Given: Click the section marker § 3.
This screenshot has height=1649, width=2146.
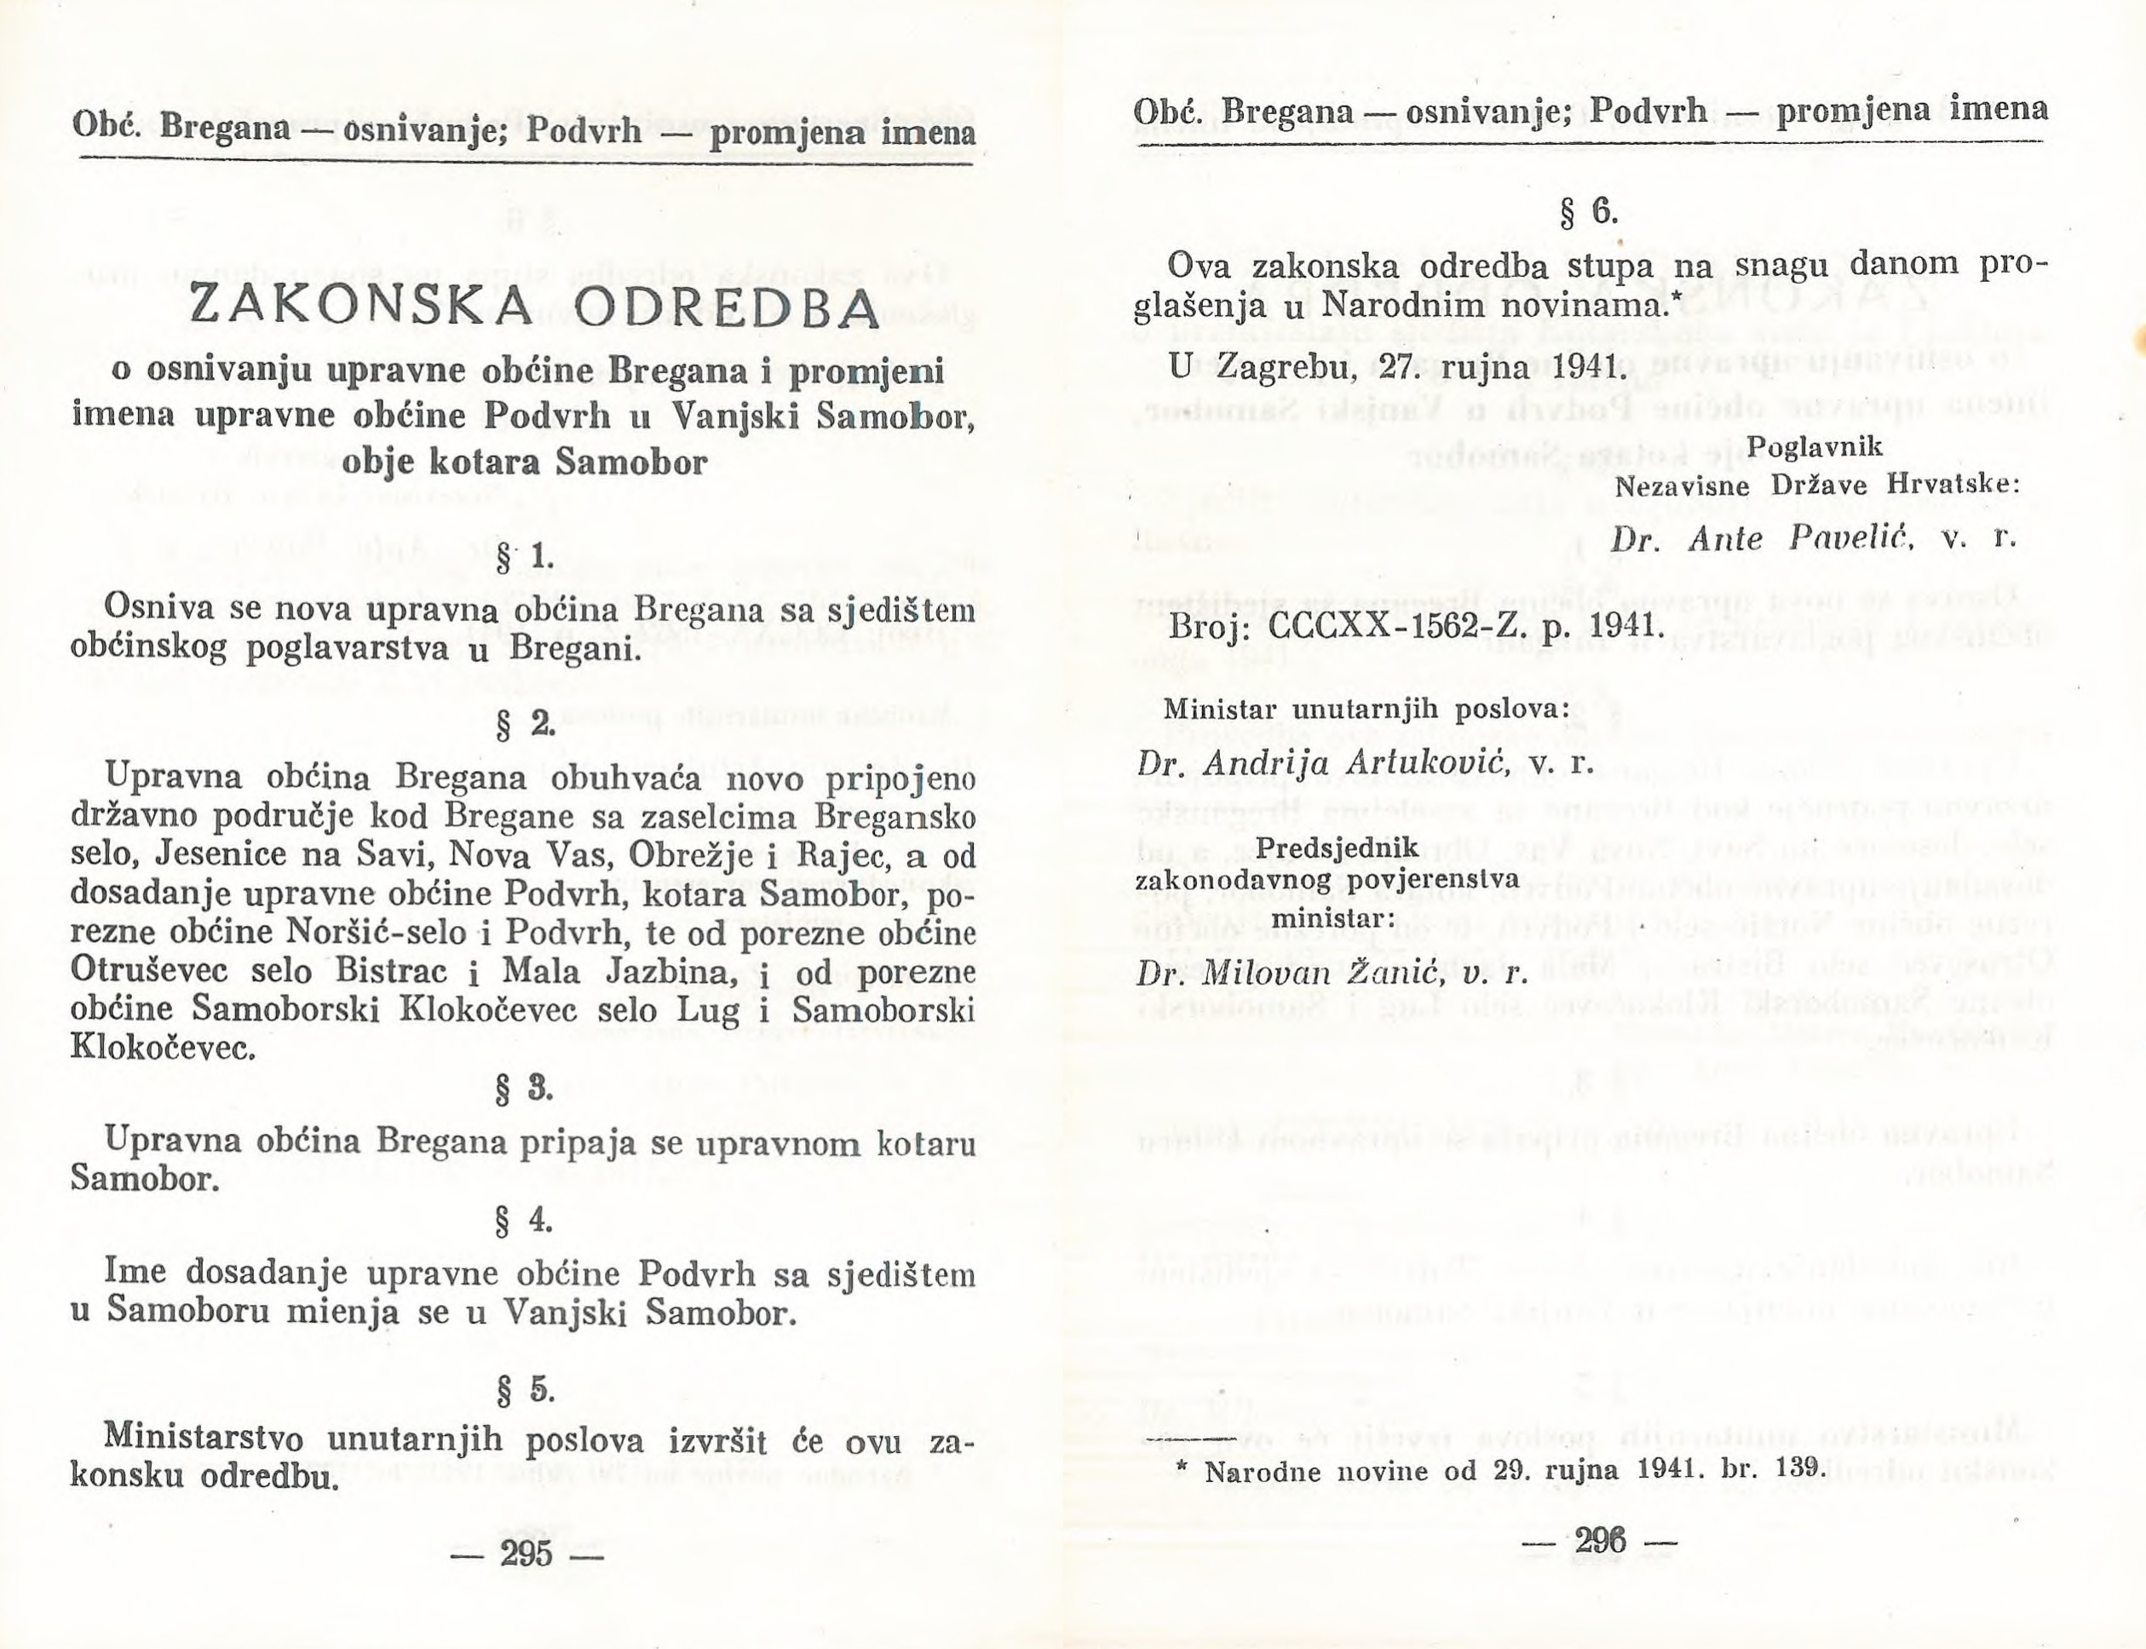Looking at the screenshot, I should coord(526,1089).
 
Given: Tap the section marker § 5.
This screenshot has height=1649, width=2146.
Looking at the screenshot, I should coord(526,1390).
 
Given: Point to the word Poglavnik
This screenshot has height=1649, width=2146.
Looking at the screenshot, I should coord(1815,447).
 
